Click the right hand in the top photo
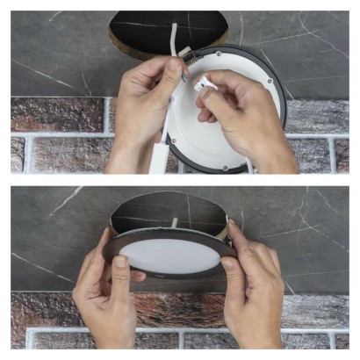tap(250, 114)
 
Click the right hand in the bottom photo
tap(255, 290)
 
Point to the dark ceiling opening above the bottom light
tap(167, 211)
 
